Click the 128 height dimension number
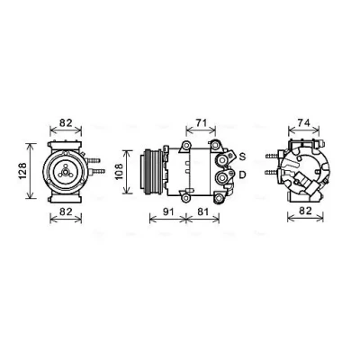(x=22, y=171)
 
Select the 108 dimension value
(x=119, y=172)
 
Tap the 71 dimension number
(x=202, y=122)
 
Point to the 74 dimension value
(x=303, y=122)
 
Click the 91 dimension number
(x=168, y=211)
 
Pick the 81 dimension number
(x=202, y=211)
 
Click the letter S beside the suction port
(x=243, y=157)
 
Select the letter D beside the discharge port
(x=243, y=175)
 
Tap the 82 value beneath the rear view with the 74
(x=305, y=211)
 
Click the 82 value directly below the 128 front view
(x=66, y=211)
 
